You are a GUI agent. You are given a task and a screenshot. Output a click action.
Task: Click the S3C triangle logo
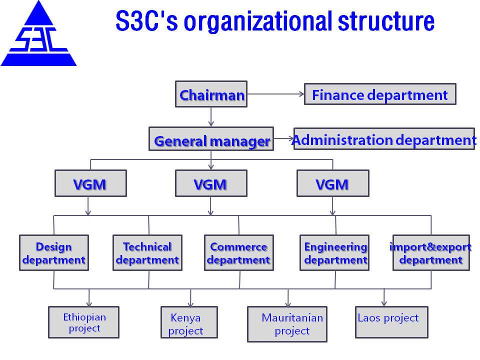click(x=38, y=33)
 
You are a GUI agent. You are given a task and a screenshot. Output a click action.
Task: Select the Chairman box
click(x=211, y=94)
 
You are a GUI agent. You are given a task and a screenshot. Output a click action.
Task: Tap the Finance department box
click(x=380, y=94)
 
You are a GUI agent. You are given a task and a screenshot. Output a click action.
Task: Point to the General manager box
click(x=211, y=139)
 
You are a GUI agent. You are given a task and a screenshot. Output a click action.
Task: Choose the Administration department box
click(x=384, y=139)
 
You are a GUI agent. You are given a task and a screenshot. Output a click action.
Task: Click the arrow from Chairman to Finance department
click(x=275, y=94)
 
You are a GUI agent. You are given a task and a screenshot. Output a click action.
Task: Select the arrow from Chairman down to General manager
click(x=211, y=116)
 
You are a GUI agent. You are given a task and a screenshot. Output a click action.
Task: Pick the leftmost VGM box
click(x=90, y=183)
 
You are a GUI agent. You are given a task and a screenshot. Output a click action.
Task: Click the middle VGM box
click(x=211, y=183)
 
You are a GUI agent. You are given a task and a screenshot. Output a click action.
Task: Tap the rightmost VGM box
click(x=333, y=183)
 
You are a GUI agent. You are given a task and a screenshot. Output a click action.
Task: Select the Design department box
click(x=54, y=253)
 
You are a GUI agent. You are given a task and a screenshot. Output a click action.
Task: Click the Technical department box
click(x=147, y=253)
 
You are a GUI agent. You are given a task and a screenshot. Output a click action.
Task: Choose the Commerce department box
click(x=239, y=253)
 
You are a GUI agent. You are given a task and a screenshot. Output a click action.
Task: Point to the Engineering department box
click(x=334, y=253)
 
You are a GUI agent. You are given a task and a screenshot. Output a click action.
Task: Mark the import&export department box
click(x=431, y=253)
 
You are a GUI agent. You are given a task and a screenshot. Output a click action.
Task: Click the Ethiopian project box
click(x=83, y=322)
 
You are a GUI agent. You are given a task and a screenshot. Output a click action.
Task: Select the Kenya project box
click(x=189, y=322)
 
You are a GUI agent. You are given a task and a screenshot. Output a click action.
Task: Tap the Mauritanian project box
click(x=287, y=324)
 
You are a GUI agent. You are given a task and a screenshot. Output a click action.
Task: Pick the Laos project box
click(x=391, y=322)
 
